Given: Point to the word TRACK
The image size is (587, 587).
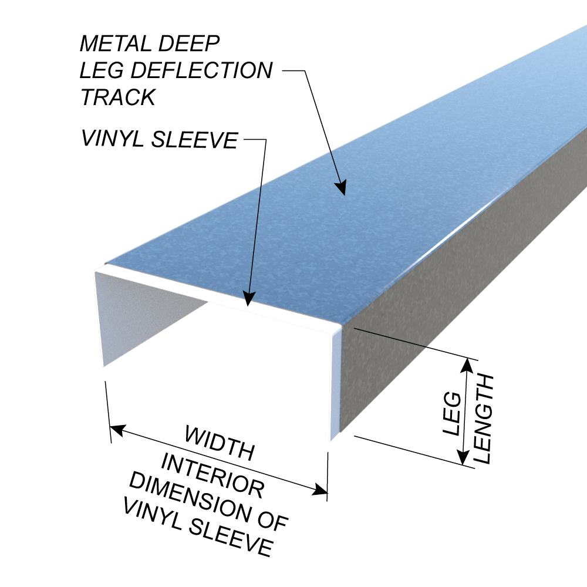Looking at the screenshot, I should point(117,97).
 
